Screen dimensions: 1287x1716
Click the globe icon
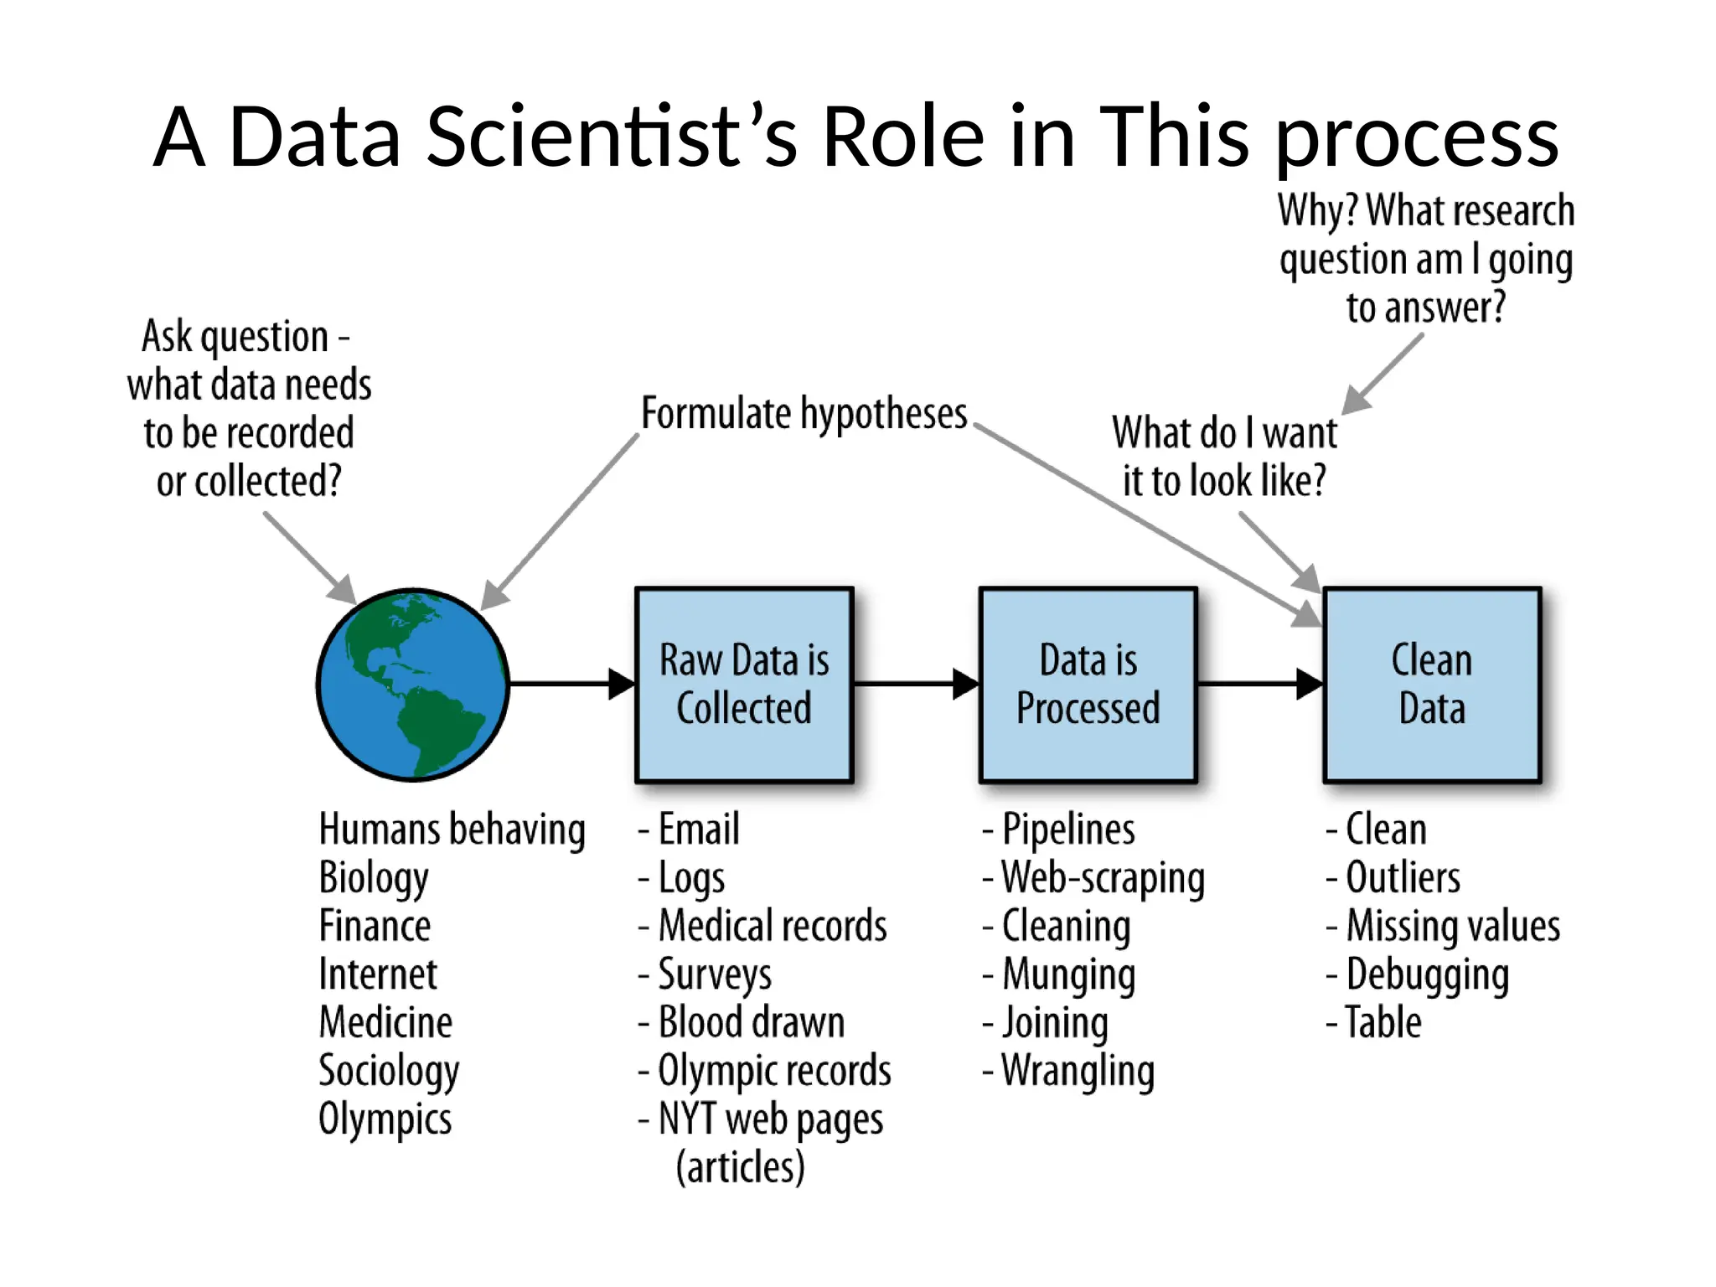pos(413,685)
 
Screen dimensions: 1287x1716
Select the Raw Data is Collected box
pos(744,685)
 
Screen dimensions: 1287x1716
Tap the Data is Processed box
pos(1088,685)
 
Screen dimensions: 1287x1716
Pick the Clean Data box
pos(1432,685)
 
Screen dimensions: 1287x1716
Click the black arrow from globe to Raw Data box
pos(570,684)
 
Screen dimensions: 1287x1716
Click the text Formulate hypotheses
pos(804,414)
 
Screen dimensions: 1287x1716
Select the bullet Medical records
pos(772,926)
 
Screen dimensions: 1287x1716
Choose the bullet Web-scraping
pos(1103,878)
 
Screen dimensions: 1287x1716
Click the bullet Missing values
pos(1452,926)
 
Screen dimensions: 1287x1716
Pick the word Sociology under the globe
pos(389,1071)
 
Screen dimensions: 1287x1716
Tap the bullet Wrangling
pos(1078,1071)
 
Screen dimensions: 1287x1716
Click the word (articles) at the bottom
pos(740,1166)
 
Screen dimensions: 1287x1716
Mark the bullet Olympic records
pos(773,1071)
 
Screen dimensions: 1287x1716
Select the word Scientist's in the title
pos(612,137)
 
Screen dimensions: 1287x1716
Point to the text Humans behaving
pos(452,830)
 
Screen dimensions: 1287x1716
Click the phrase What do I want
pos(1224,433)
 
